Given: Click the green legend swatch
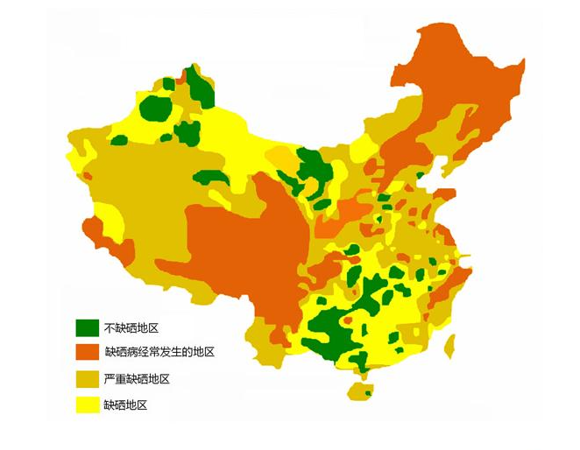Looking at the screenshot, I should coord(86,327).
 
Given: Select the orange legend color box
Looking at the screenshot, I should coord(86,353).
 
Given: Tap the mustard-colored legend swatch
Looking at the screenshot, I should coord(86,379).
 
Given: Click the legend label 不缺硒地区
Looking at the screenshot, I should coord(131,328).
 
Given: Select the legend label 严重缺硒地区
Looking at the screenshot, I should coord(136,379).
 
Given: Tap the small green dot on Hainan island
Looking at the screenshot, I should coord(368,394).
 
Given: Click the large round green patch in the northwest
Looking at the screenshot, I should coord(156,109).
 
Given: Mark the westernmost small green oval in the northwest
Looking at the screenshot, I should coord(119,140).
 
